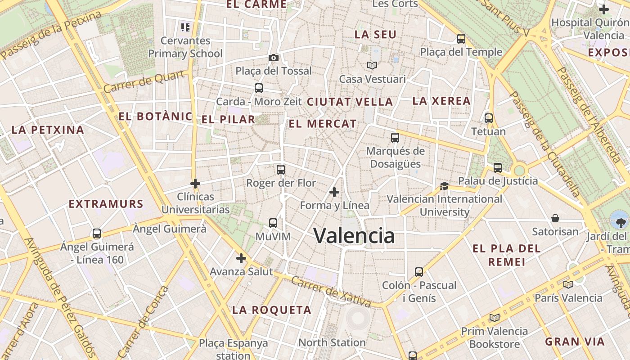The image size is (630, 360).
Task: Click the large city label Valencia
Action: click(354, 236)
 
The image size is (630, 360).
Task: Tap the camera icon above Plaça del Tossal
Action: click(273, 58)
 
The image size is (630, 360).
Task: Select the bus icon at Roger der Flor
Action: click(281, 170)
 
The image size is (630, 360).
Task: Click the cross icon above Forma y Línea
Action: click(334, 192)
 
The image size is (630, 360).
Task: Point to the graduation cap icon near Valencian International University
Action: click(444, 186)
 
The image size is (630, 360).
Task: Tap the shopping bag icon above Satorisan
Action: click(555, 218)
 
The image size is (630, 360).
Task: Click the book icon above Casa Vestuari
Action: click(372, 66)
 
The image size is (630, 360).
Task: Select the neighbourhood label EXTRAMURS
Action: click(106, 204)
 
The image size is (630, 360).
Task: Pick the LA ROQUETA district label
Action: click(272, 310)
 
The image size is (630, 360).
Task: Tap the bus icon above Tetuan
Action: click(489, 118)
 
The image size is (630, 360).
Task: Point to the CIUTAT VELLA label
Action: click(350, 102)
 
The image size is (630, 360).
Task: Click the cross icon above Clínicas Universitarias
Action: click(195, 184)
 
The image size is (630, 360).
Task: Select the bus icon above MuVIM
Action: click(273, 223)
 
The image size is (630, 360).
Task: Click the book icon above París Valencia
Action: click(568, 284)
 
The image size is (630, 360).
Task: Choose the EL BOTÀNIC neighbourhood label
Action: click(155, 117)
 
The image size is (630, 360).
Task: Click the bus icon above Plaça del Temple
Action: click(461, 39)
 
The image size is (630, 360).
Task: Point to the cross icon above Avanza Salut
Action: click(241, 258)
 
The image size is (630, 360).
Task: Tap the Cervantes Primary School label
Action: click(185, 47)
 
